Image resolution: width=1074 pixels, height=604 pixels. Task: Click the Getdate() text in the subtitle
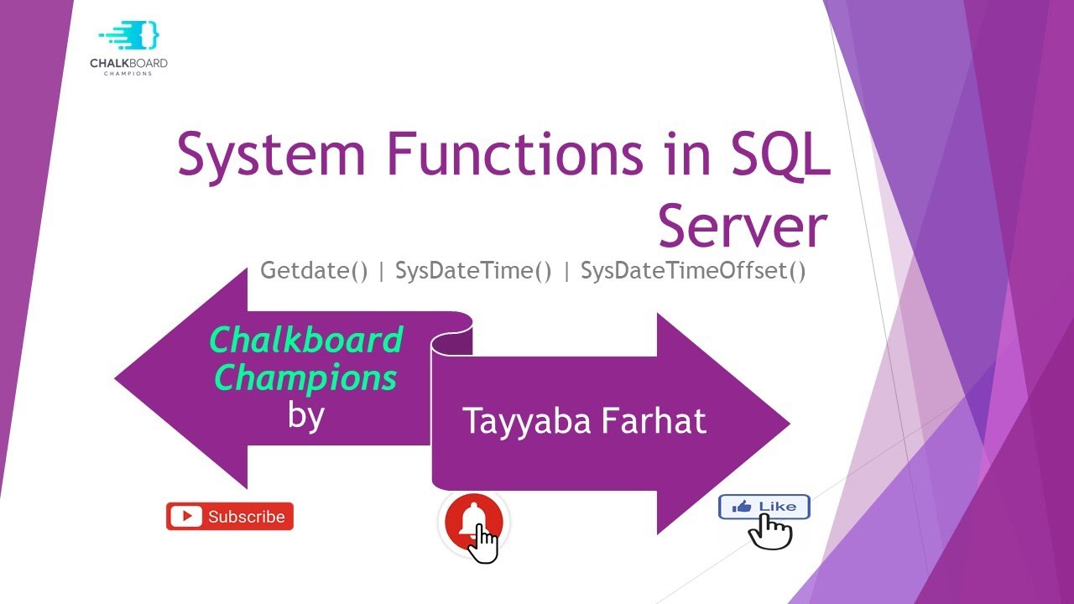(315, 271)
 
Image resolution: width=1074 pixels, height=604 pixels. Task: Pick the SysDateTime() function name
(473, 271)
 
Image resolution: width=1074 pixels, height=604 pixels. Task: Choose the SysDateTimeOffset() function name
(693, 271)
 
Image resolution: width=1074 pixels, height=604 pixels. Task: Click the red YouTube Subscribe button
(230, 517)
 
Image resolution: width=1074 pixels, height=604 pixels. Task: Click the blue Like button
(764, 507)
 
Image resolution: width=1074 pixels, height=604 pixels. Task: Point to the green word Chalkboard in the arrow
(306, 341)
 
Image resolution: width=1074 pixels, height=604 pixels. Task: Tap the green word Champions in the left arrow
(306, 378)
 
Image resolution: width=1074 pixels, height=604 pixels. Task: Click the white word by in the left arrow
(305, 414)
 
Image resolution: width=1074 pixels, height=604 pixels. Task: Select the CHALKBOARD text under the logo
(128, 64)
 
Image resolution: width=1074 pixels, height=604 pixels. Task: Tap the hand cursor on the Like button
(770, 531)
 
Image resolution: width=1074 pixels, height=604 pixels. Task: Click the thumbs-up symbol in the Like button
(742, 507)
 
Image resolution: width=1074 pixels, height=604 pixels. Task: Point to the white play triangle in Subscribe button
(185, 517)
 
